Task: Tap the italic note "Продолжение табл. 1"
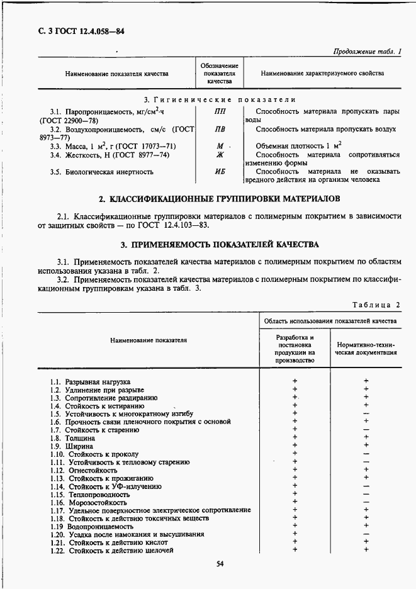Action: coord(366,52)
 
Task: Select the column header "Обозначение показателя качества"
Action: coord(219,74)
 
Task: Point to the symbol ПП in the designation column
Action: coord(220,111)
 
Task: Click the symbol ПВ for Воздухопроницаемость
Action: coord(220,129)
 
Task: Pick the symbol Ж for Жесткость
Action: coord(220,155)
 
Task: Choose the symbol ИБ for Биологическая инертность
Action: coord(220,171)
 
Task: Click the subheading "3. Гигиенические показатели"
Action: coord(220,99)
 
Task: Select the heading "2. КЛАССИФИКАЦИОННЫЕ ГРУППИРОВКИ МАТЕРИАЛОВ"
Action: coord(220,199)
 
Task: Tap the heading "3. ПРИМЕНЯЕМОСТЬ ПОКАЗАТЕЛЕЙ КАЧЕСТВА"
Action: coord(220,244)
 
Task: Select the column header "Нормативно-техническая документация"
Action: coord(366,349)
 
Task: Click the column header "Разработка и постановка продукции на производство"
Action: coord(295,349)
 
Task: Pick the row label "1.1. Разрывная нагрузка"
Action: coord(90,381)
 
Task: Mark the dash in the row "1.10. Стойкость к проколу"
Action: coord(366,454)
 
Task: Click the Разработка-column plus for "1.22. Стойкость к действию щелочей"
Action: coord(295,550)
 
